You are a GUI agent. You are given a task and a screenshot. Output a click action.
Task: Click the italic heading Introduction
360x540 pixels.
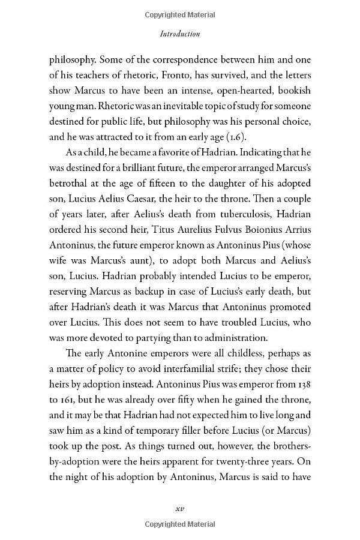tap(180, 34)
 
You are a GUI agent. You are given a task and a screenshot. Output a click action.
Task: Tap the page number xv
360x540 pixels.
tap(179, 508)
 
